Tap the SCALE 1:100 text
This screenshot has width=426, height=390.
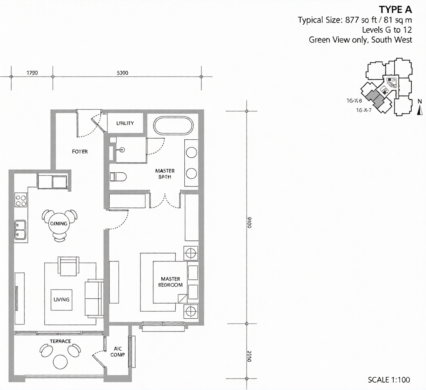click(389, 380)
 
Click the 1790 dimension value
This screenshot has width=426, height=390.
click(32, 73)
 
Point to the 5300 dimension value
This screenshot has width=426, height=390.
click(122, 73)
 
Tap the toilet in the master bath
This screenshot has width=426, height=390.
click(118, 177)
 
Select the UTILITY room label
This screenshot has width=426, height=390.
click(125, 123)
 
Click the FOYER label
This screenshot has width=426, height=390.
click(80, 152)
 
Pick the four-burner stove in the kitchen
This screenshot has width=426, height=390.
click(21, 200)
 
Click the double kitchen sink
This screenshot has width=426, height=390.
click(20, 229)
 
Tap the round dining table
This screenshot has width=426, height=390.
click(60, 224)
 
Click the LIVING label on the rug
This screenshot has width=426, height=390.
click(61, 299)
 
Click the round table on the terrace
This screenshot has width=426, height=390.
click(61, 361)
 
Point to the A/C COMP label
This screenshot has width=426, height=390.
click(118, 352)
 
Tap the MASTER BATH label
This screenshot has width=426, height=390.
click(165, 174)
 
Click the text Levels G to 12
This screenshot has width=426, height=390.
click(387, 30)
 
